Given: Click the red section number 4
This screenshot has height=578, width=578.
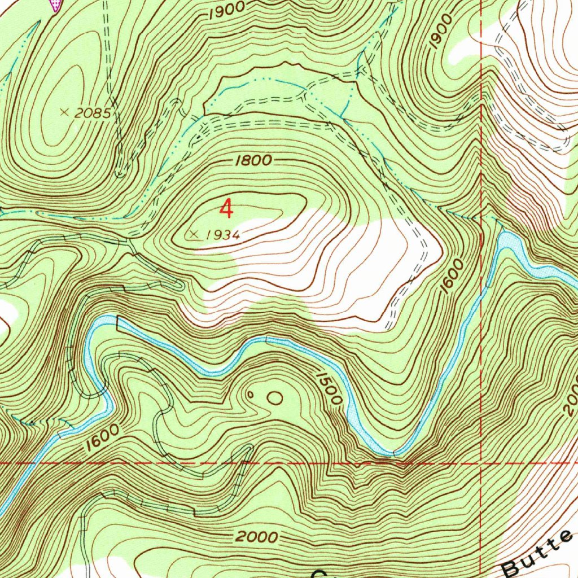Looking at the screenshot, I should click(x=226, y=209).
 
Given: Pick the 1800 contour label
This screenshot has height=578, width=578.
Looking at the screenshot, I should click(x=255, y=160).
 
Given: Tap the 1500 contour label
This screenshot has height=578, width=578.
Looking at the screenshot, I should click(x=329, y=388).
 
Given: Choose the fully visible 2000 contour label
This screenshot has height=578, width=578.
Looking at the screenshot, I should click(x=256, y=537).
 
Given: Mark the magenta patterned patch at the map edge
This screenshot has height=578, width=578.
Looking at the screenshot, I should click(x=55, y=5).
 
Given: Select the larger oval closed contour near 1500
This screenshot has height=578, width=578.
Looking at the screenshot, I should click(x=275, y=398).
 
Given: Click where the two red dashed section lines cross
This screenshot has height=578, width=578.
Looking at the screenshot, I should click(x=480, y=463).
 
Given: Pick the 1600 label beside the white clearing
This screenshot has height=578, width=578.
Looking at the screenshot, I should click(x=453, y=276).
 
